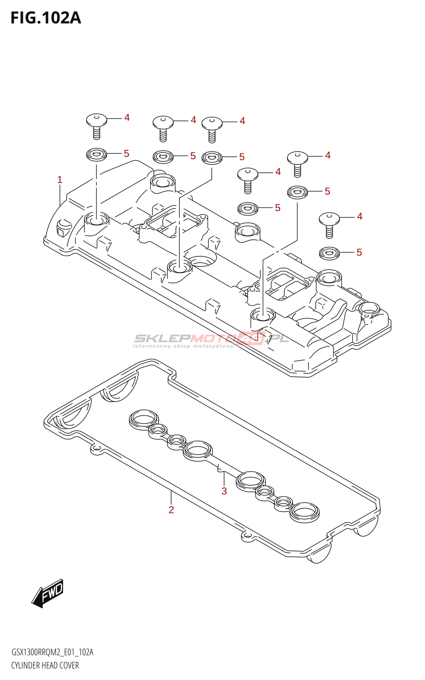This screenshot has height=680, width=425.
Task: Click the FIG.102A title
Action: (x=46, y=18)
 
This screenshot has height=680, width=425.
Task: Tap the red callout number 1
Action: (x=60, y=180)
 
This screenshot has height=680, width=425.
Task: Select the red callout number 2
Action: (x=171, y=510)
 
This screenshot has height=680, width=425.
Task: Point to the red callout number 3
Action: (x=224, y=491)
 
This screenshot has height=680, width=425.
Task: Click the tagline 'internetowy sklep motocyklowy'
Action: (x=184, y=346)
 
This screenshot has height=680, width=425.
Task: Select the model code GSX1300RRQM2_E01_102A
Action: (x=52, y=652)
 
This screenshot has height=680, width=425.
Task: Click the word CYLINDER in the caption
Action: (x=25, y=665)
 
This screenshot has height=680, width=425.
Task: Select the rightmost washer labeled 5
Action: (x=329, y=253)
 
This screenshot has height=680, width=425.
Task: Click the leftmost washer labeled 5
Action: (x=96, y=155)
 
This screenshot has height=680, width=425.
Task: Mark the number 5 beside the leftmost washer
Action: (x=126, y=153)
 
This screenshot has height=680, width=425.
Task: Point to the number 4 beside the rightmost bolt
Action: (x=360, y=216)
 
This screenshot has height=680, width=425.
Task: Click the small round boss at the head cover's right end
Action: (x=369, y=310)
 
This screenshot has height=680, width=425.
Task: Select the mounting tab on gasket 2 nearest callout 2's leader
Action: (x=96, y=450)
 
